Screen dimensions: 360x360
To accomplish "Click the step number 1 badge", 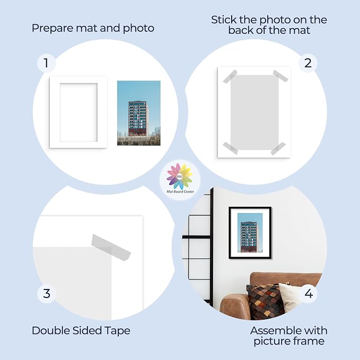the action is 46,63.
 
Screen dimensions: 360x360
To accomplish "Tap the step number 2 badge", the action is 308,63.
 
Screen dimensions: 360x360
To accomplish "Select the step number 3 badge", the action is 47,294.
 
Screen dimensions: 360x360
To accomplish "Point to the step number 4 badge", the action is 309,294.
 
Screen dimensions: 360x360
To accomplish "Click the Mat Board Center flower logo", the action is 180,177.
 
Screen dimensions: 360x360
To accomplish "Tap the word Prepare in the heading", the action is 52,29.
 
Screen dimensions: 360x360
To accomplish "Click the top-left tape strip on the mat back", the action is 230,76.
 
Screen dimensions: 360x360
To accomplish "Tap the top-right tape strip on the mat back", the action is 280,76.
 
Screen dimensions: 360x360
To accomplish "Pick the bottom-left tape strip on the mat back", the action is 230,148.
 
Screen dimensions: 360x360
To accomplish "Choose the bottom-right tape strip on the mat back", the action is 278,148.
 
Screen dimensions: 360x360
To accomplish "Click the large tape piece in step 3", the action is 111,247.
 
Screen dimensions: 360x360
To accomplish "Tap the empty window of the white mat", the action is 79,112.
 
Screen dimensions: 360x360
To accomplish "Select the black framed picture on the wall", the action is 250,233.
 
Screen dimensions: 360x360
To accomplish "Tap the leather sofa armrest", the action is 235,306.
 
